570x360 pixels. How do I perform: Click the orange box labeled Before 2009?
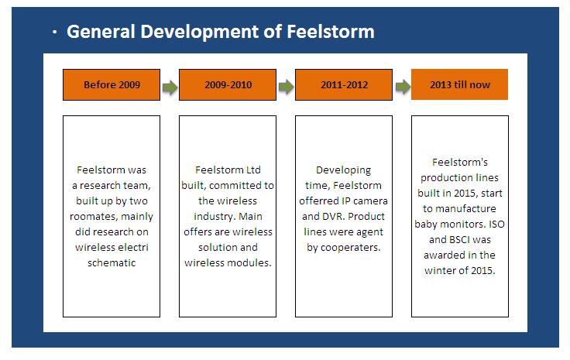112,84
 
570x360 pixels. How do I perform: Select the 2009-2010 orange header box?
228,84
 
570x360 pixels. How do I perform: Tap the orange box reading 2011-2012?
344,84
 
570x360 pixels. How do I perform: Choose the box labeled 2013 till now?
459,84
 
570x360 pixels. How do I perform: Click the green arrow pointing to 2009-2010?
170,87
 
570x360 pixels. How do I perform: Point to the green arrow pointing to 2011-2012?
286,87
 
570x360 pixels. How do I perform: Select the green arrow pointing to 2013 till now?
403,87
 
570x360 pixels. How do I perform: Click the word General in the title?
101,31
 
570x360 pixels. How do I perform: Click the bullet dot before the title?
54,33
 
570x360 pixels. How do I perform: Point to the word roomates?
94,217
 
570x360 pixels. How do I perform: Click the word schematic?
112,262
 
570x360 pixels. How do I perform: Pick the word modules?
250,262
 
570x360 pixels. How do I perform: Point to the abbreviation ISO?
496,225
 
